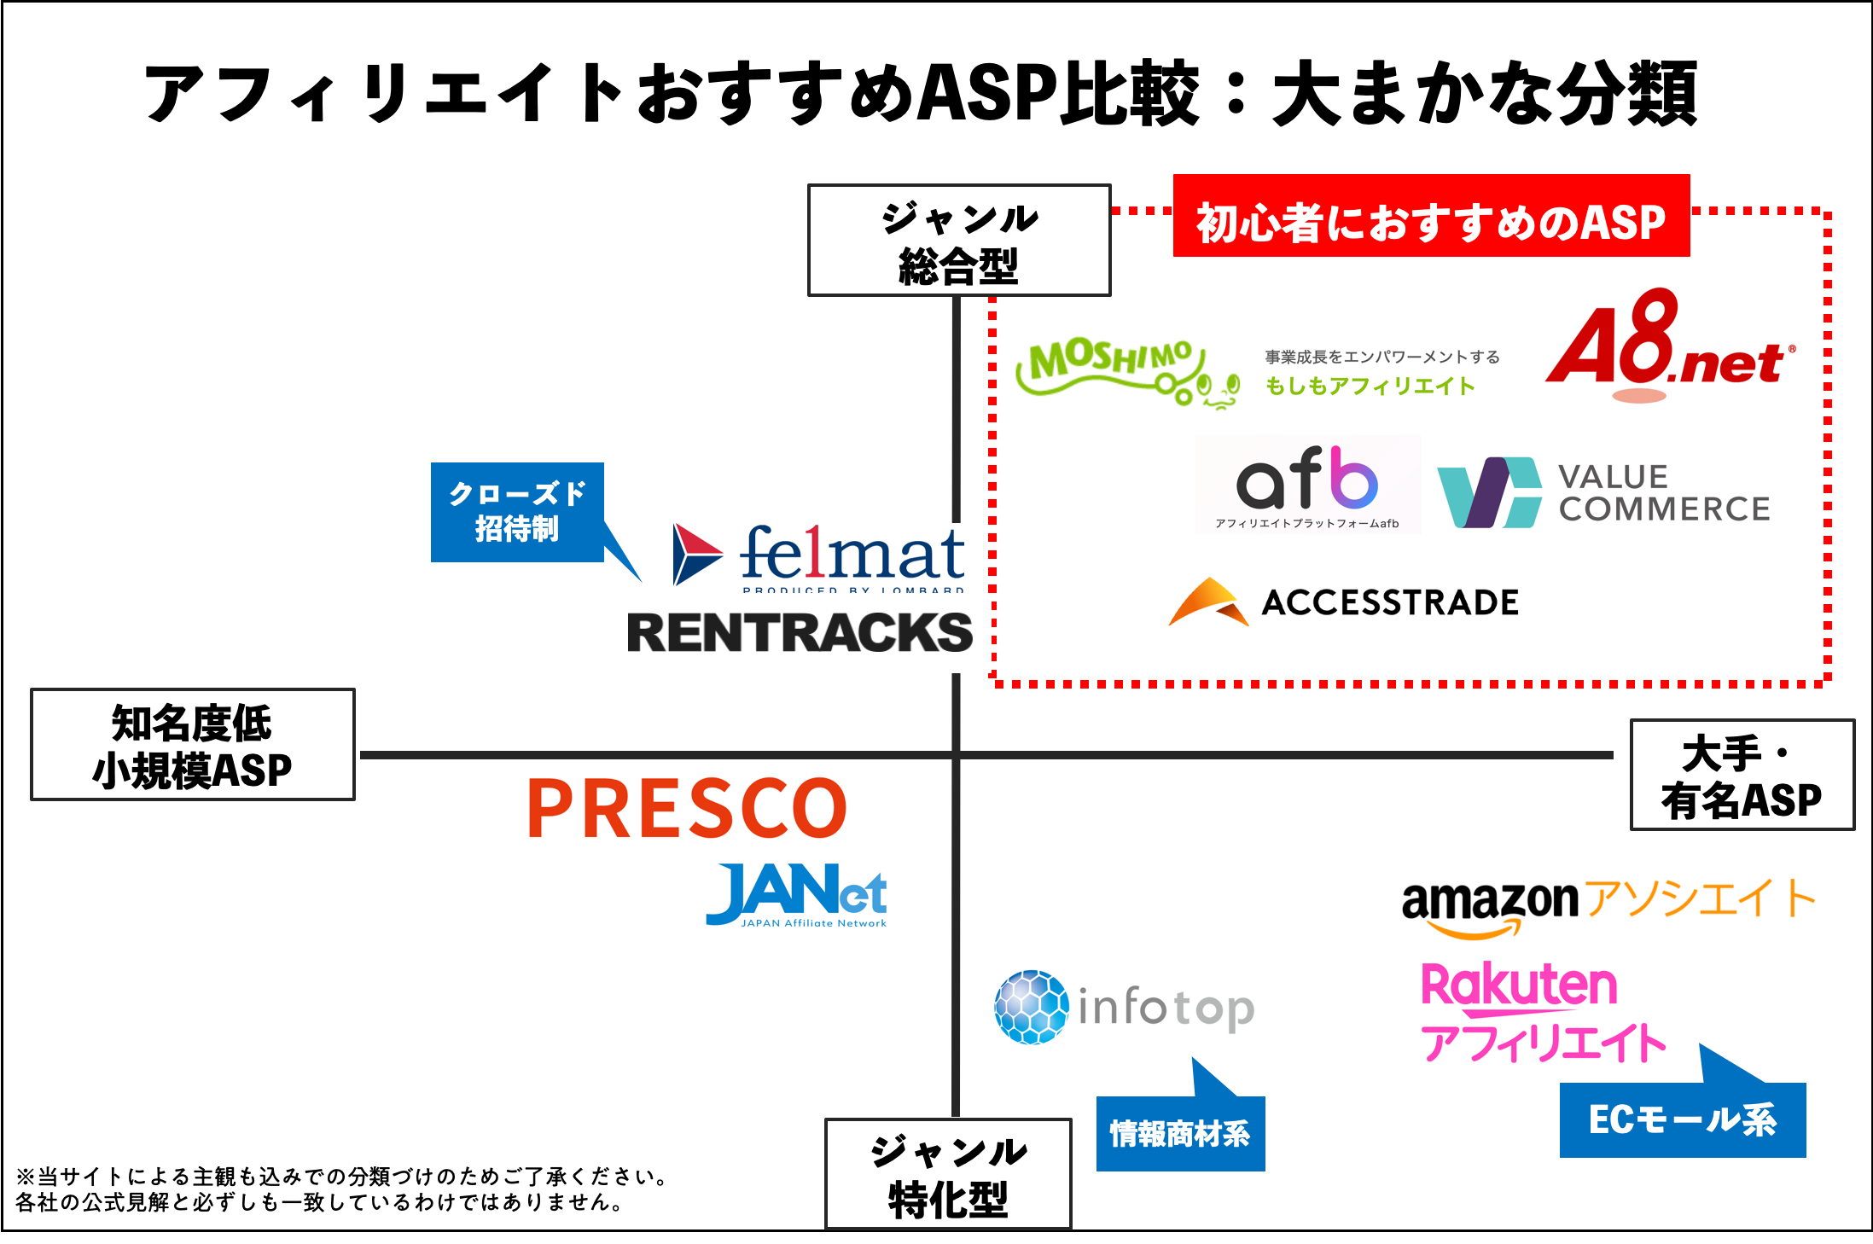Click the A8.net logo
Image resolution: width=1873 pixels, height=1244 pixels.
coord(1668,346)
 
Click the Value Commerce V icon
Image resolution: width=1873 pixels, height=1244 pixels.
coord(1489,493)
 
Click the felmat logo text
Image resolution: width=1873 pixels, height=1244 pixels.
coord(851,555)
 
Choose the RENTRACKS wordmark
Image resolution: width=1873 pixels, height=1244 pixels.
coord(800,633)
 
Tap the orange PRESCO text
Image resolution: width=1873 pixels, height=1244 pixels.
coord(687,808)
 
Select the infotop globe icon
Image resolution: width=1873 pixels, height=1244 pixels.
coord(1031,1007)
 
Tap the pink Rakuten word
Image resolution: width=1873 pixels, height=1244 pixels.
coord(1519,985)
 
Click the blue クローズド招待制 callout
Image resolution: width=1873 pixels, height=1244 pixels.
coord(517,512)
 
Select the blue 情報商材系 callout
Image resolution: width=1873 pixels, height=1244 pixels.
coord(1179,1133)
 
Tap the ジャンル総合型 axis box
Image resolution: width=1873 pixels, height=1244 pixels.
coord(959,241)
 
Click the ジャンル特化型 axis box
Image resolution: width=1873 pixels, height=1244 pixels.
coord(948,1173)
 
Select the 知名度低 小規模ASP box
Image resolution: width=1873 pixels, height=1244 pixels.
coord(193,744)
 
